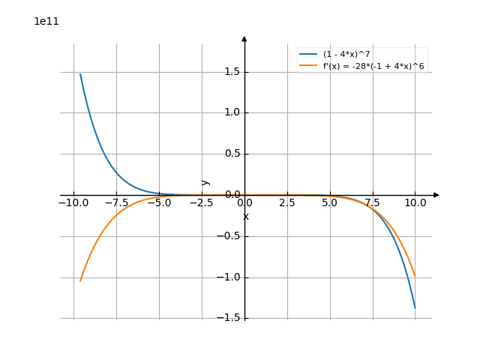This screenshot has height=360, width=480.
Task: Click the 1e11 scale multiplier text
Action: pyautogui.click(x=46, y=22)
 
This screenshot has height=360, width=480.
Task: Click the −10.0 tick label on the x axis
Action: pyautogui.click(x=73, y=203)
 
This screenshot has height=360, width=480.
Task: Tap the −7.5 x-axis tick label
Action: pyautogui.click(x=116, y=203)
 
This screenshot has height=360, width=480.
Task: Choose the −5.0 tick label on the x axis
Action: pyautogui.click(x=159, y=203)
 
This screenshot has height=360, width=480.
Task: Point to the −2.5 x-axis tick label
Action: pyautogui.click(x=202, y=203)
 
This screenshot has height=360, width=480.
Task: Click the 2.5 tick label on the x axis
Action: pyautogui.click(x=287, y=203)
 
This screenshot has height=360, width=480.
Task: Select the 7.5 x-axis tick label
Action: pyautogui.click(x=373, y=203)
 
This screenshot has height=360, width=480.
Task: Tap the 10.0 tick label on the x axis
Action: pyautogui.click(x=415, y=203)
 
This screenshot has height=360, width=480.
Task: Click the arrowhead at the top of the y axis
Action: pyautogui.click(x=244, y=37)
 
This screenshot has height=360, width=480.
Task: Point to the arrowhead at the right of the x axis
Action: pyautogui.click(x=436, y=195)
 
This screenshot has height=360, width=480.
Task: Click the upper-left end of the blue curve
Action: pyautogui.click(x=80, y=73)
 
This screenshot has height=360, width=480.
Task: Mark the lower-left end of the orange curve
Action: pyautogui.click(x=80, y=280)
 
